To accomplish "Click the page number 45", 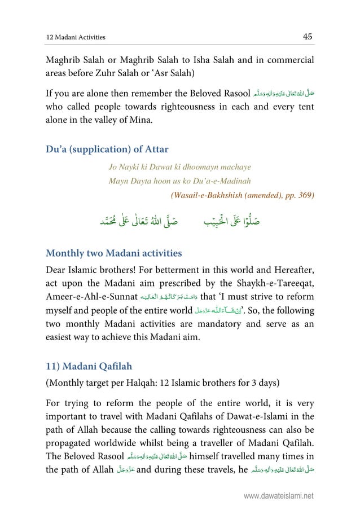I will click(x=308, y=37).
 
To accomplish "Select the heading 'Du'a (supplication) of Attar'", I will click(x=107, y=150).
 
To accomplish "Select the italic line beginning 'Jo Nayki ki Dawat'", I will click(x=179, y=168).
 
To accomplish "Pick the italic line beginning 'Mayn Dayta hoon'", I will click(x=179, y=181).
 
